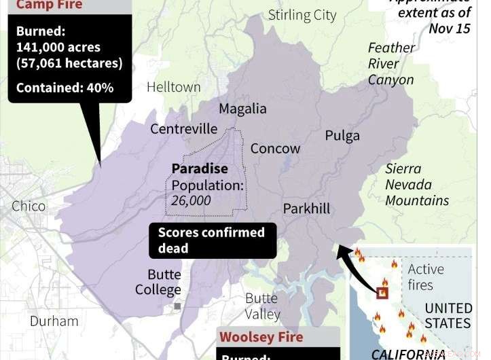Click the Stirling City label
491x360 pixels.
(x=302, y=15)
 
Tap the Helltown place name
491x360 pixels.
(x=174, y=87)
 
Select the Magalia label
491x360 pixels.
(x=242, y=109)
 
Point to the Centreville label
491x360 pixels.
(x=183, y=129)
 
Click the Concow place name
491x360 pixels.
(x=275, y=149)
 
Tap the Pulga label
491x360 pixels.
(x=342, y=135)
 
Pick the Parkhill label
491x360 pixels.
(x=306, y=208)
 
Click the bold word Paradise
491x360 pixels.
(x=200, y=168)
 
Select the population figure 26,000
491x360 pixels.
(x=191, y=200)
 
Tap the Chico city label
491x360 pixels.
(x=29, y=206)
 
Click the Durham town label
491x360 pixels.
(x=54, y=321)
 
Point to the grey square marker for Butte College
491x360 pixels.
(x=177, y=306)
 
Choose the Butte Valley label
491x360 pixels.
(x=262, y=306)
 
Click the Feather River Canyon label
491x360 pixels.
(x=391, y=64)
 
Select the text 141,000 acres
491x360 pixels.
(x=58, y=48)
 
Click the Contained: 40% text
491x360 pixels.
(x=65, y=88)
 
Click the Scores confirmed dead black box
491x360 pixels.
(x=213, y=240)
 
